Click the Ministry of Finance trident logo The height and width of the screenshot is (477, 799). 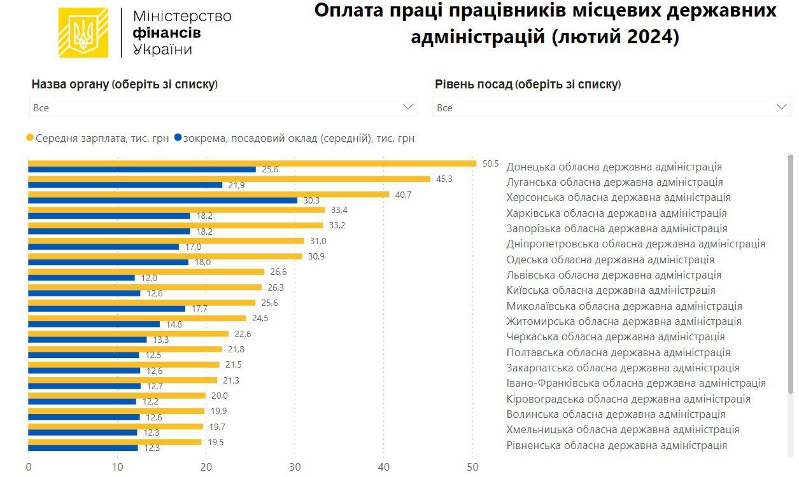(x=83, y=33)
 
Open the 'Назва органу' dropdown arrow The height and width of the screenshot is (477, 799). (x=408, y=107)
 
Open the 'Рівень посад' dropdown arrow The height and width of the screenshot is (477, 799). (x=782, y=107)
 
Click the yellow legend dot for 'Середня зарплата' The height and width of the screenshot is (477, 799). (x=29, y=138)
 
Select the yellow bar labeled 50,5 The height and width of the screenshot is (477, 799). (x=251, y=163)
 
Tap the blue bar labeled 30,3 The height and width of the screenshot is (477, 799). (x=162, y=200)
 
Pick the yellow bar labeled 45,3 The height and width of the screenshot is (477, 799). (x=229, y=179)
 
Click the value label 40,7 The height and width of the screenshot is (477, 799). (x=403, y=195)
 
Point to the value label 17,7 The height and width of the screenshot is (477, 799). (x=199, y=309)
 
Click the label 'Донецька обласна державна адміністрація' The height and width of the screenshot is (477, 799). (x=614, y=167)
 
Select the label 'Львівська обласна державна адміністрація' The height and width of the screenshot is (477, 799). (x=614, y=275)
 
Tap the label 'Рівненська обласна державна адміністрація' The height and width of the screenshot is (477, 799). (x=616, y=445)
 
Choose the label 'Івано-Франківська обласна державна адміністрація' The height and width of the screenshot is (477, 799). (x=635, y=383)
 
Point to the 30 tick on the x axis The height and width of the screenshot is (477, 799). (x=295, y=467)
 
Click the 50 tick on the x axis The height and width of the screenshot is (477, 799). (x=472, y=467)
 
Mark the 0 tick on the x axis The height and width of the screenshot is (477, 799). (x=29, y=467)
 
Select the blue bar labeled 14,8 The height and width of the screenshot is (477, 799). (x=94, y=324)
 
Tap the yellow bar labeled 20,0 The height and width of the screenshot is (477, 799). (x=117, y=396)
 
